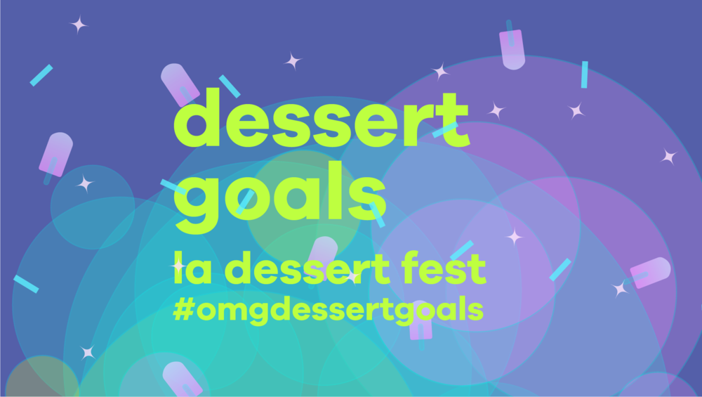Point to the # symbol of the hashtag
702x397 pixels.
coord(183,309)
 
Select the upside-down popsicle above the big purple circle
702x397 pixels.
coord(512,48)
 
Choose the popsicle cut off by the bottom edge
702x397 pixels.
coord(182,379)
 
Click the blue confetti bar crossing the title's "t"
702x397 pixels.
coord(445,129)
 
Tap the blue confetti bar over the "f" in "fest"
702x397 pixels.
coord(461,250)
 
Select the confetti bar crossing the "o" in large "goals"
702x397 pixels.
coord(245,201)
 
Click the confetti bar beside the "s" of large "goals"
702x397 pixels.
coord(378,215)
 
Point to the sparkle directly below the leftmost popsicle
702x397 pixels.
coord(85,183)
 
